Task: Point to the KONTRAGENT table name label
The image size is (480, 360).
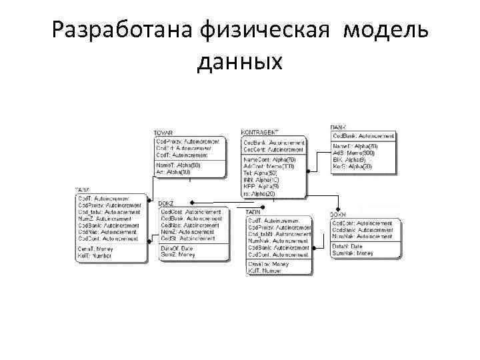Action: click(260, 133)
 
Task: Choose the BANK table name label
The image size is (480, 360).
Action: click(338, 127)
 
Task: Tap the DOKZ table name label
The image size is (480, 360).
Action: click(166, 203)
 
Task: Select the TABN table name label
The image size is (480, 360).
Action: click(254, 212)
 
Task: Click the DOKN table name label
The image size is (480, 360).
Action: click(338, 215)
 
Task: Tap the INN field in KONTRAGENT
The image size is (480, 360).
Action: click(261, 180)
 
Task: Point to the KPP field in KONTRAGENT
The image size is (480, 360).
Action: click(261, 187)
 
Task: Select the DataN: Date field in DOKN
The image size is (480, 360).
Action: click(347, 247)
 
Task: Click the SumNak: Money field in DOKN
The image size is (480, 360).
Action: click(353, 253)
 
